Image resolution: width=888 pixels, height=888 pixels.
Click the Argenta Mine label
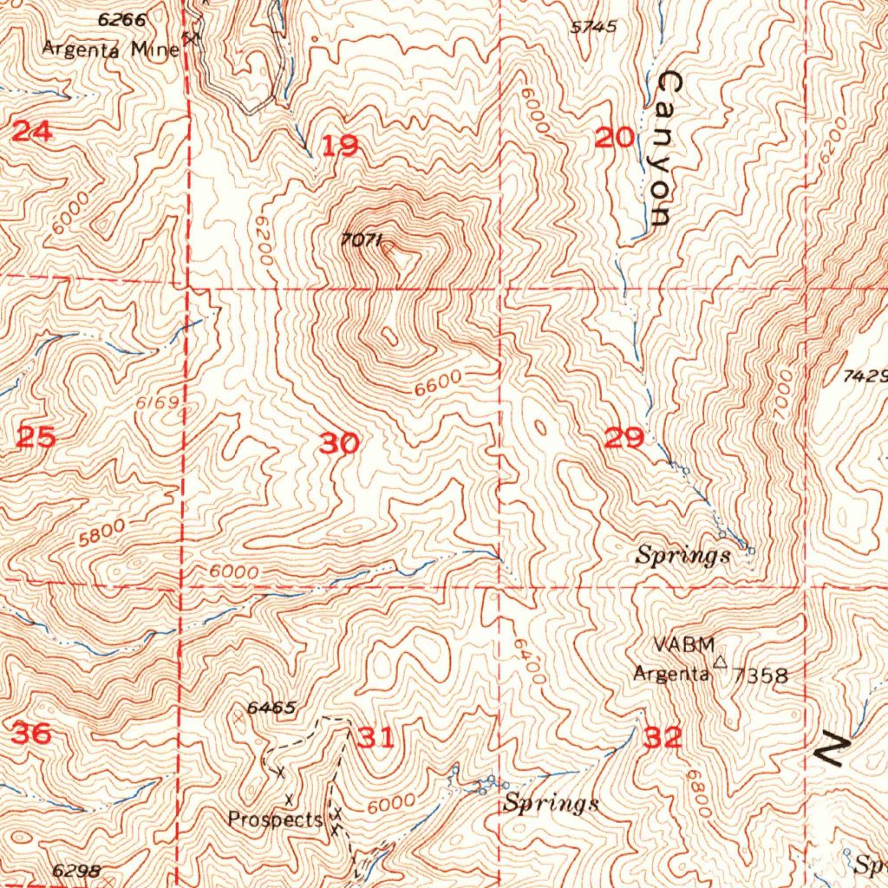(111, 49)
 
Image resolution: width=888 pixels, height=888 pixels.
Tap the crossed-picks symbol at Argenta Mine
(192, 36)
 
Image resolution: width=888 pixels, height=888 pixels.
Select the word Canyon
(667, 149)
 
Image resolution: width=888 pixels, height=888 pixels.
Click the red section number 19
(340, 146)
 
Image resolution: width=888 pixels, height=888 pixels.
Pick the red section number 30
(339, 444)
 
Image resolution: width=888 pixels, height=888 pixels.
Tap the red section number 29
(624, 439)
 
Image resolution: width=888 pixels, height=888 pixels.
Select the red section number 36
(31, 733)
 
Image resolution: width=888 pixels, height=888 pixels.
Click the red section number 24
(32, 132)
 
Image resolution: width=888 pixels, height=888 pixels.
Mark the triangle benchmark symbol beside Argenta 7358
(719, 663)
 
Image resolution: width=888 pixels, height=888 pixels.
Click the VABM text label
(684, 644)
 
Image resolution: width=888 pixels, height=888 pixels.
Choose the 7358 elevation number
(761, 676)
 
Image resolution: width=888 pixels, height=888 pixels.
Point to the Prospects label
(276, 818)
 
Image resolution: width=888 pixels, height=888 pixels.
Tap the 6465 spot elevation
(271, 708)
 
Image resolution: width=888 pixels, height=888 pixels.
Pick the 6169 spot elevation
(157, 403)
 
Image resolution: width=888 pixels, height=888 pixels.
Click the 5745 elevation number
(593, 27)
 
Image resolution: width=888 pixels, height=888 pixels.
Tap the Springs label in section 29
(683, 556)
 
